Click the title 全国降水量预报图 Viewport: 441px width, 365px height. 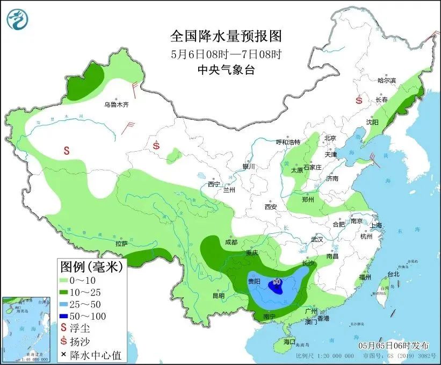[226, 36]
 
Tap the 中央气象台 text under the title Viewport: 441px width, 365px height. [226, 69]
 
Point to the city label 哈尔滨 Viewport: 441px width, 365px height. [386, 81]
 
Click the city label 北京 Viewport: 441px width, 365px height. [330, 138]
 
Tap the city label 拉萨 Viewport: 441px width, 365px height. [121, 244]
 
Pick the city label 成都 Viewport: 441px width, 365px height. [232, 242]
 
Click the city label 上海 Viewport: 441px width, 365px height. [375, 225]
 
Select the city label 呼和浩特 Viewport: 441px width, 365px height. [288, 142]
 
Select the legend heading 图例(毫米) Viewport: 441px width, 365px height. [91, 266]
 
